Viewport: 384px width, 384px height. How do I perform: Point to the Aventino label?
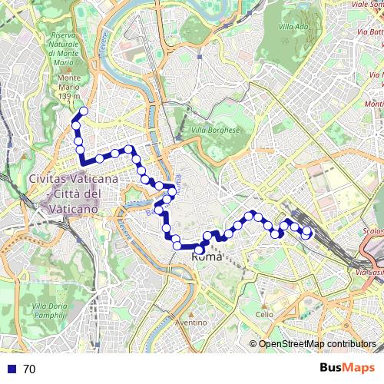191,323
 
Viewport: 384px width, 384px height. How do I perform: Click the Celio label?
264,314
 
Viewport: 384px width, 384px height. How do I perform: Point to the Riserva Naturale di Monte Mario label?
65,48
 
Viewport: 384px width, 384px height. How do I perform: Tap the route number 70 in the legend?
29,369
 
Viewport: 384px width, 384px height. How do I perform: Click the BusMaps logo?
348,369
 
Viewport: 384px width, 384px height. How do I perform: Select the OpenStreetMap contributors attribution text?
316,345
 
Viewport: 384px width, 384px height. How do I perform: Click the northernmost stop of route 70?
83,112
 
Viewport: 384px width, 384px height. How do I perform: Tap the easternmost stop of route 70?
309,230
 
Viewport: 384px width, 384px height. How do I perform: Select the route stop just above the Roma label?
200,250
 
